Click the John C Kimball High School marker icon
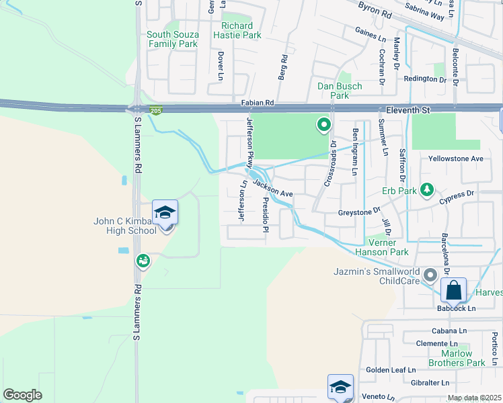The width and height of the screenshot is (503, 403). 165,213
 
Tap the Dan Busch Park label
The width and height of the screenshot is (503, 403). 340,91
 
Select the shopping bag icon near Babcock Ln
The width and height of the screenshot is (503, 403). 454,290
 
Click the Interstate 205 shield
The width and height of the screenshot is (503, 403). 156,110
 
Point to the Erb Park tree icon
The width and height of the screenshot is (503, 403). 426,191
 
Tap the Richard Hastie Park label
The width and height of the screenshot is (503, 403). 237,30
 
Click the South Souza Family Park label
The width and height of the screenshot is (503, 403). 172,39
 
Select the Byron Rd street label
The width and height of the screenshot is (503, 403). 375,11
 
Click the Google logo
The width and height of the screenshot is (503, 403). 22,395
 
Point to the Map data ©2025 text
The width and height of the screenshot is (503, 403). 474,398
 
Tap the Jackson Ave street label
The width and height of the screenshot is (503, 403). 273,188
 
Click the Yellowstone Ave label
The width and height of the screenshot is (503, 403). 456,159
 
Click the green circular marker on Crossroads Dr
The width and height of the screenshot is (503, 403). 323,125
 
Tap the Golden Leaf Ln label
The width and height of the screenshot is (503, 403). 391,370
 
